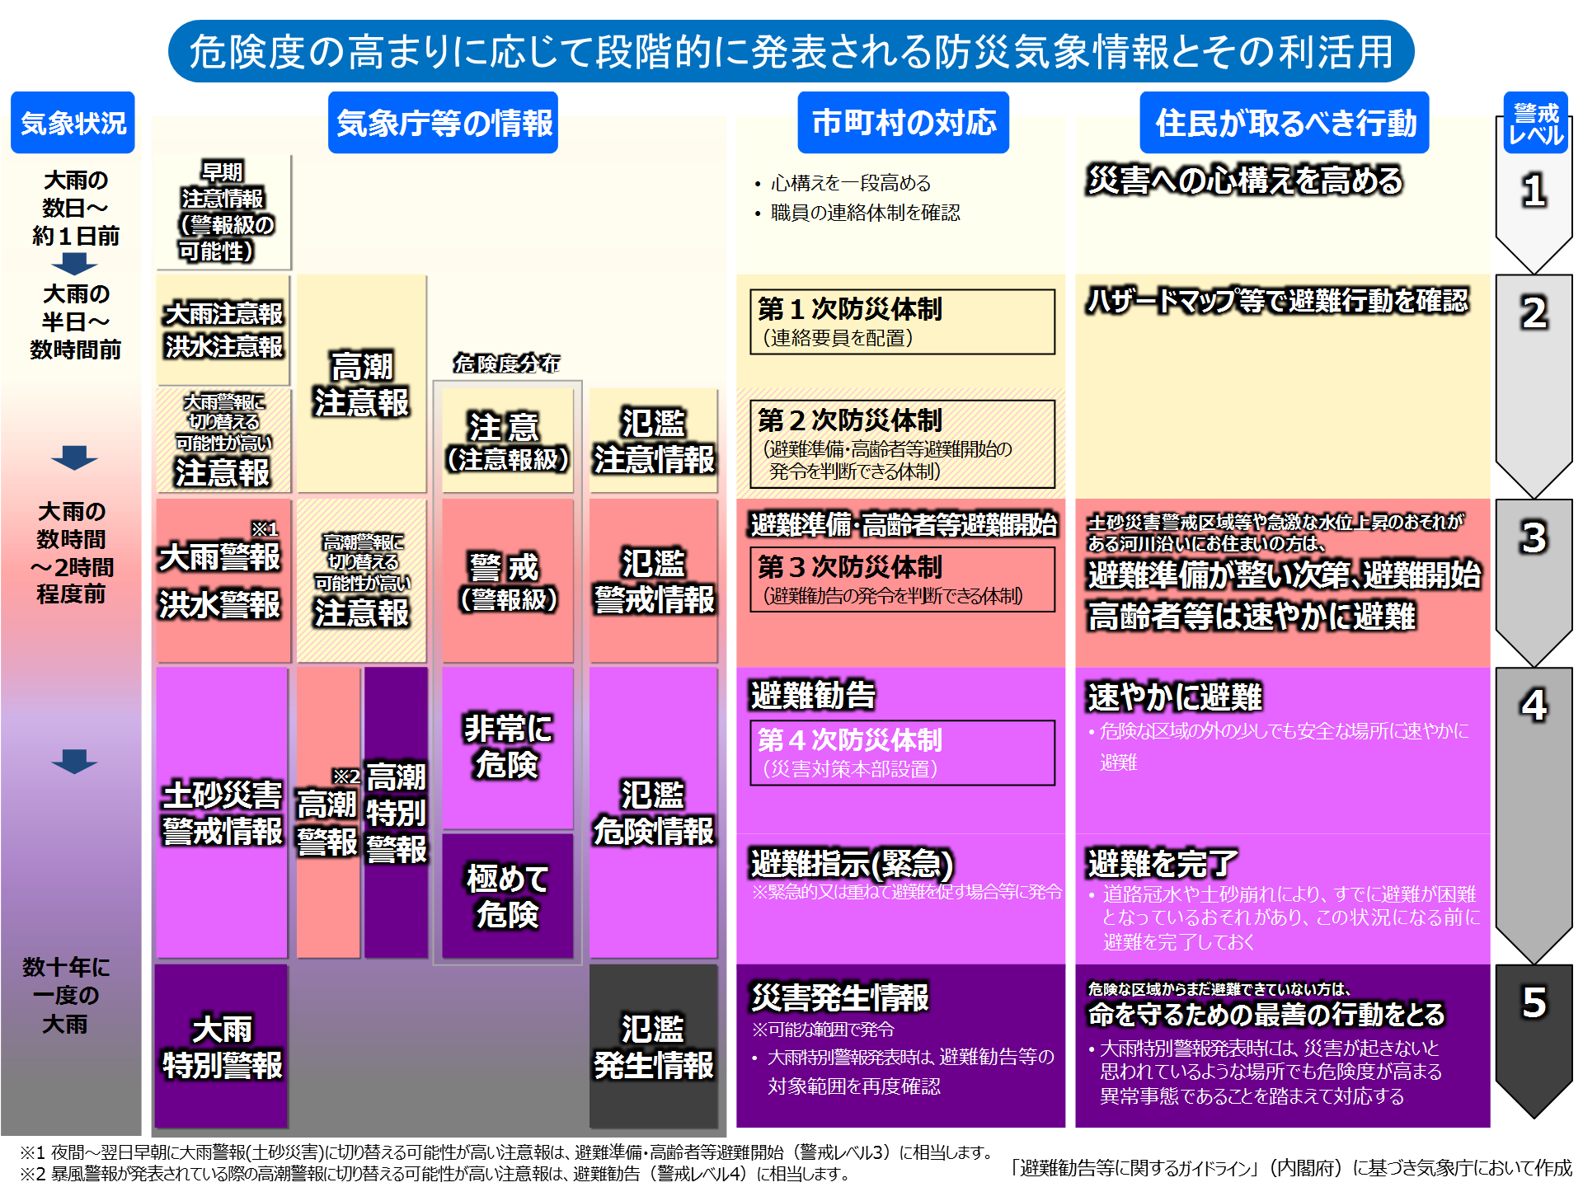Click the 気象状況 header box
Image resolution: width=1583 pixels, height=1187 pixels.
pos(73,123)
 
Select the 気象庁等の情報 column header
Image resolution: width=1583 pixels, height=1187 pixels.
pos(444,123)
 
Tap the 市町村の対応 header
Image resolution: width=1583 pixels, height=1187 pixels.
pos(904,123)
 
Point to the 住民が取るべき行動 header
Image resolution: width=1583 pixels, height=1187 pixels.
pos(1285,123)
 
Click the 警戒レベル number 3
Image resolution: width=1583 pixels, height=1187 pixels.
pos(1534,537)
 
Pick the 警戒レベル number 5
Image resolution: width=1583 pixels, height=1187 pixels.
pos(1534,1002)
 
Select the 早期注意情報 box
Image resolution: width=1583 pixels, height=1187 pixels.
pos(223,212)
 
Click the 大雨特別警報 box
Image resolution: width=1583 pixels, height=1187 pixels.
pos(222,1046)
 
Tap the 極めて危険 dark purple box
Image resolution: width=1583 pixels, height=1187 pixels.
pos(507,896)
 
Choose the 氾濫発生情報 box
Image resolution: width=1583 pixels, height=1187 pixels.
pos(653,1046)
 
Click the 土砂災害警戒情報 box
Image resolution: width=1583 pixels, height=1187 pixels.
pos(222,813)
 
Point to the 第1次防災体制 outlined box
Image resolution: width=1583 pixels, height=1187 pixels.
pos(902,321)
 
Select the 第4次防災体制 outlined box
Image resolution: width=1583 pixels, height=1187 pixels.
pos(902,753)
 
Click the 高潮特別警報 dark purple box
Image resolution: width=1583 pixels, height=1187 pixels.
pos(396,813)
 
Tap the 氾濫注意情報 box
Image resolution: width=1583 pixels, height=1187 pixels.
pos(653,441)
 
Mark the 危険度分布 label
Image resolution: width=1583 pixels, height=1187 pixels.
pos(507,364)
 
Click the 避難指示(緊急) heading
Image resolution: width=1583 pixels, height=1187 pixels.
pos(852,863)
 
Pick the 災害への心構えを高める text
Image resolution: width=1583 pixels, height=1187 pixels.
pos(1245,181)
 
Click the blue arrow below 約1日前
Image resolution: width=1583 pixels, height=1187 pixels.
pos(74,264)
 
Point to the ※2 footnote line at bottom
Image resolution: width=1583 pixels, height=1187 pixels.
pos(435,1173)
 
